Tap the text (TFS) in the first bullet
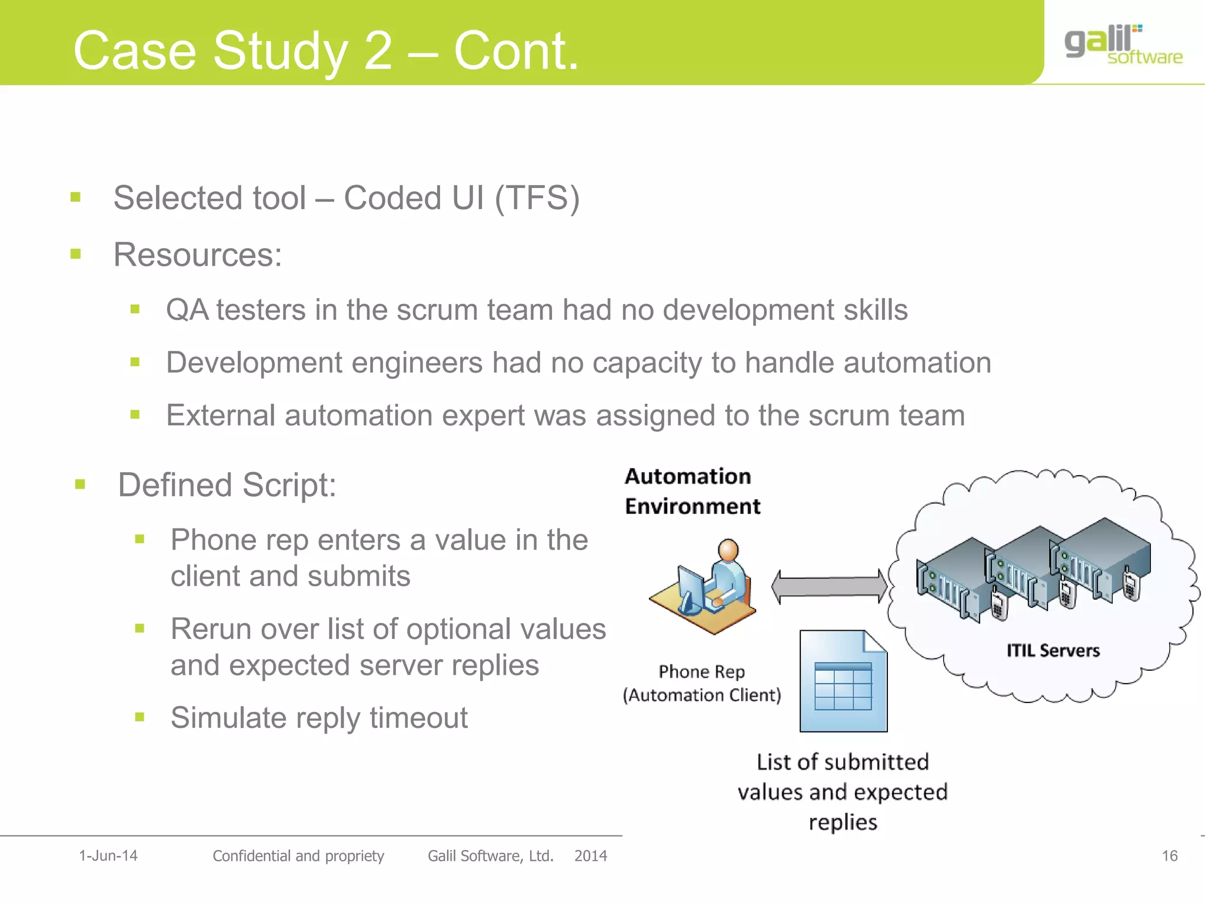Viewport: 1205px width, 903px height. [x=537, y=198]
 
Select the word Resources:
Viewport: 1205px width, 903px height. [x=198, y=255]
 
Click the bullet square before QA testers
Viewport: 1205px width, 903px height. [x=135, y=309]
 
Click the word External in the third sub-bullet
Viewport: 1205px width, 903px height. [x=221, y=416]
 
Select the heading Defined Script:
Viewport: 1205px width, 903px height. [x=227, y=486]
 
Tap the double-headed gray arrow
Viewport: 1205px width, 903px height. [x=829, y=586]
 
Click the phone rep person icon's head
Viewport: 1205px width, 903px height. [x=728, y=550]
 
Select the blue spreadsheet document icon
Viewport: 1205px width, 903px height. [x=843, y=681]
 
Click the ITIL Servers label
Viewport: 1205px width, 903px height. [x=1053, y=651]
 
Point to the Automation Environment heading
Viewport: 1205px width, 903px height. [x=692, y=491]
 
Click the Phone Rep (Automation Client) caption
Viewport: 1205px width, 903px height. [x=701, y=684]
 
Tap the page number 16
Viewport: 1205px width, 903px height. [x=1169, y=856]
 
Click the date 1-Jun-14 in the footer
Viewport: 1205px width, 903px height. [x=108, y=856]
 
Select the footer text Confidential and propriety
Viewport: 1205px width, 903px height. [x=298, y=856]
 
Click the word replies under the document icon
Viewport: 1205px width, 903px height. [x=843, y=822]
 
